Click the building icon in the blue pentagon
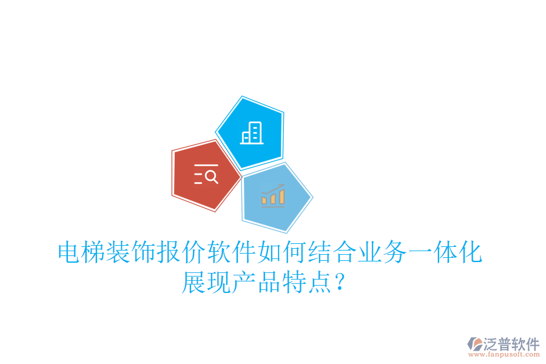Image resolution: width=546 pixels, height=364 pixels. pyautogui.click(x=251, y=133)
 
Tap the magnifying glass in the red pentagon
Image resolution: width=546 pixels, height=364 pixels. pyautogui.click(x=211, y=177)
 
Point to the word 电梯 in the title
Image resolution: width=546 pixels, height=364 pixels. pyautogui.click(x=82, y=252)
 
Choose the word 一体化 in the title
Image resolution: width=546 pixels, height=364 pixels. pyautogui.click(x=447, y=252)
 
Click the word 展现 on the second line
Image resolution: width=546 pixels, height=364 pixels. pyautogui.click(x=207, y=283)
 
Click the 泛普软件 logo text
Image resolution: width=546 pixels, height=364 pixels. pyautogui.click(x=511, y=344)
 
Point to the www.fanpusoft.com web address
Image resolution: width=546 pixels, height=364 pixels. pyautogui.click(x=503, y=355)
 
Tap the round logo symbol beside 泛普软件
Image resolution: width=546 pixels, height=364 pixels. pyautogui.click(x=474, y=344)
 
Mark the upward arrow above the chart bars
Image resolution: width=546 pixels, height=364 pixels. pyautogui.click(x=277, y=187)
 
